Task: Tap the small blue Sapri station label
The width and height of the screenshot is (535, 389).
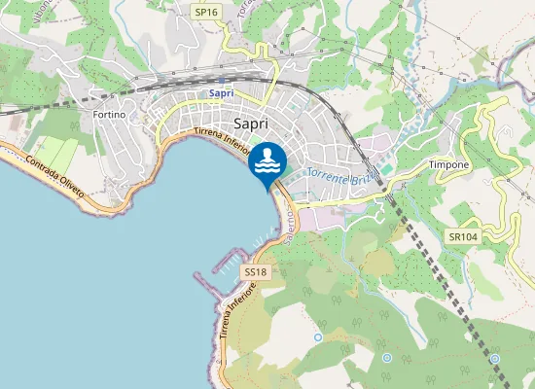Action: click(x=222, y=93)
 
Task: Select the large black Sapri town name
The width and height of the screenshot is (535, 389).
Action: click(x=253, y=124)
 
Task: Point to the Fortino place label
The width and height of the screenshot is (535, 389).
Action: click(x=108, y=115)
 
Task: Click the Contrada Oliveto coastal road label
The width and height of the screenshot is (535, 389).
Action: click(x=57, y=177)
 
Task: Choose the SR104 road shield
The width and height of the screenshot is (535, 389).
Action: click(x=463, y=236)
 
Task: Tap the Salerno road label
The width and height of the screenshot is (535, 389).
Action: click(x=290, y=230)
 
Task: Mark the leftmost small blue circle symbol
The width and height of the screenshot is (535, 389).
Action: click(x=318, y=337)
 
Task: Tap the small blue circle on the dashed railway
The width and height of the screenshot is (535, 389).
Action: click(x=495, y=358)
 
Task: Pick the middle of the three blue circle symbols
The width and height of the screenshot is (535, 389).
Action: click(x=387, y=358)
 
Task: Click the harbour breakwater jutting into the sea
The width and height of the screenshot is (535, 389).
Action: click(x=208, y=285)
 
